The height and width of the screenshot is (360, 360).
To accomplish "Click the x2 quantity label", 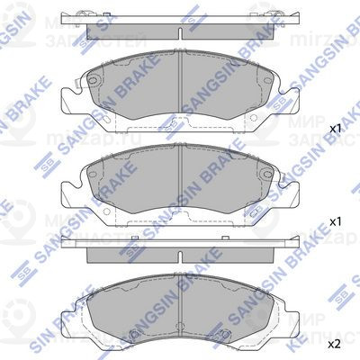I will click(333, 344).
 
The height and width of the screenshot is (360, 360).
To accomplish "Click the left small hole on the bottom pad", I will click(134, 339).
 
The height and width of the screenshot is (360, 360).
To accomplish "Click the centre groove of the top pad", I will click(180, 90).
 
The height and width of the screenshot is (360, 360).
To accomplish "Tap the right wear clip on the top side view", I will click(278, 13).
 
